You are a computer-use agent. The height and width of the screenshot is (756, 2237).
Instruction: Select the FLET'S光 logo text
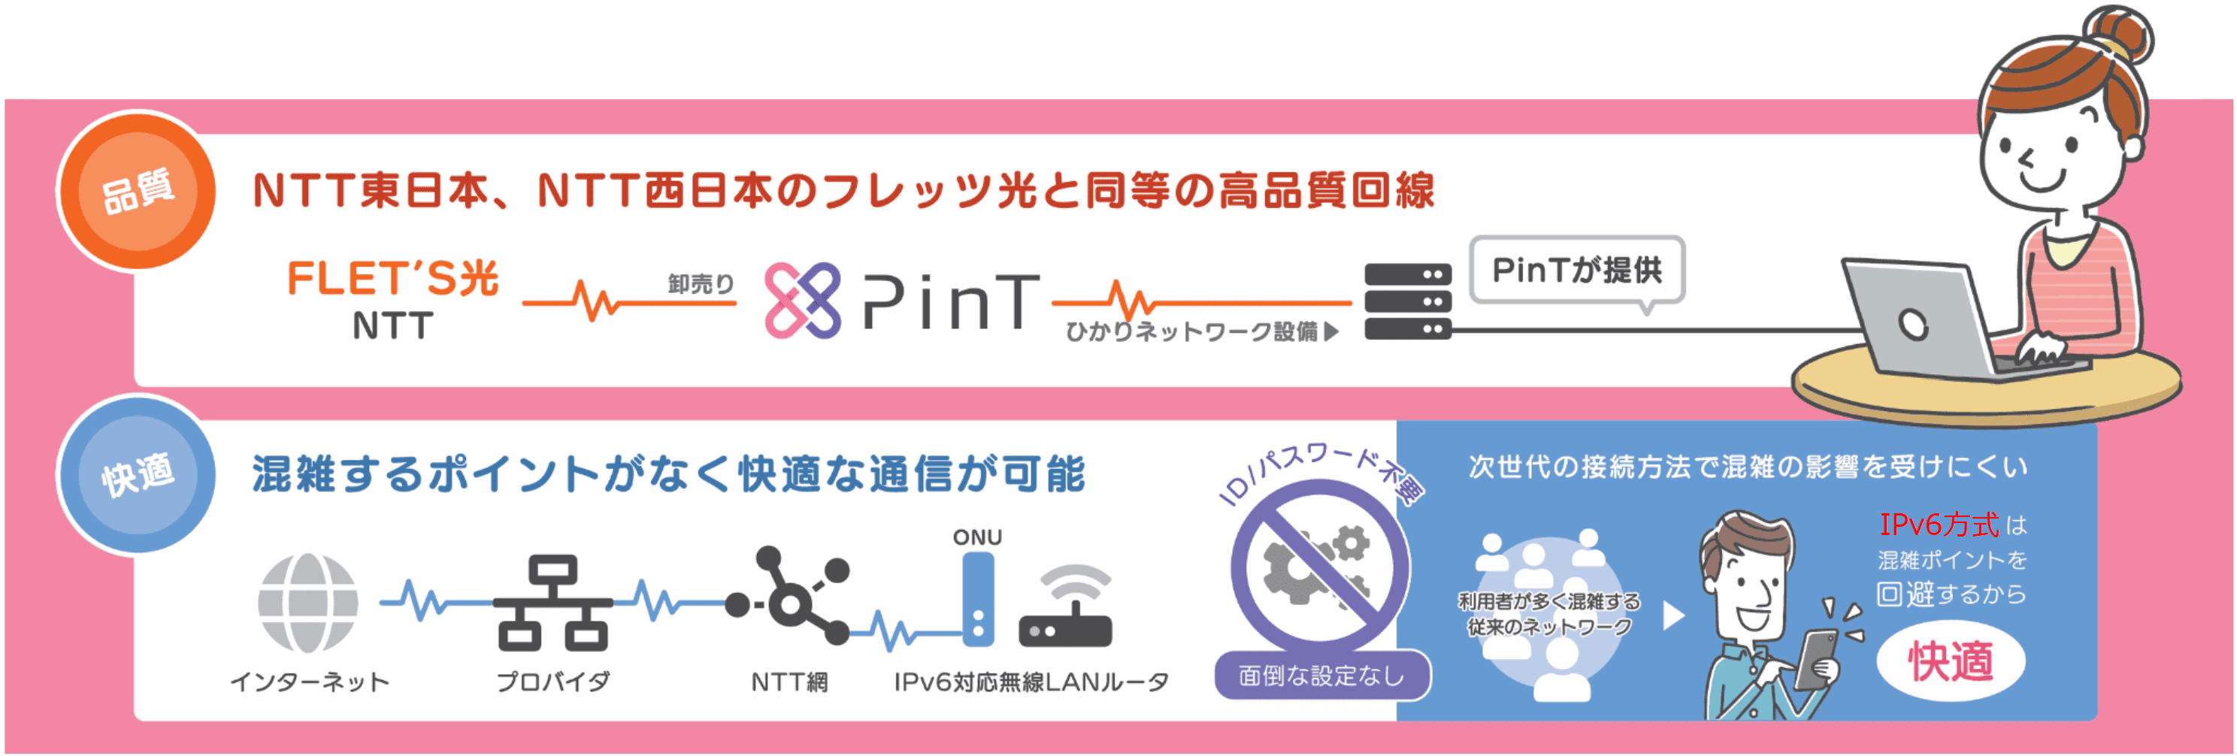click(392, 280)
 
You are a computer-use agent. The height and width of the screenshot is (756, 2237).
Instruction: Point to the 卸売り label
click(700, 284)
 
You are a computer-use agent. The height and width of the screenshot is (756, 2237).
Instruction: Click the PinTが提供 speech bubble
click(1576, 271)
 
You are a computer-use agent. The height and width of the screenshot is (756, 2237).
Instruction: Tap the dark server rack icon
click(1407, 301)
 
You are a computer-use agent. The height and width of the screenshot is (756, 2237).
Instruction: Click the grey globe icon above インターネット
click(307, 603)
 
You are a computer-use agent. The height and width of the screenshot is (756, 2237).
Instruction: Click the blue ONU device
click(978, 599)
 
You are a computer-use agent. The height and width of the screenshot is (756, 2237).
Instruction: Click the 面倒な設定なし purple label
click(1321, 676)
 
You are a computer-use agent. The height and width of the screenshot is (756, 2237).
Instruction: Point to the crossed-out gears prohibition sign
click(1318, 569)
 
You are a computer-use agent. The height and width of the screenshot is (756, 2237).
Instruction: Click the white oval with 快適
click(1951, 661)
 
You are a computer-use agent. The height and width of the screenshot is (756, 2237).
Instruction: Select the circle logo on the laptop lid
click(1912, 325)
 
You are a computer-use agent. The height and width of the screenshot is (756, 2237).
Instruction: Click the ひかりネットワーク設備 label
click(1191, 331)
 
